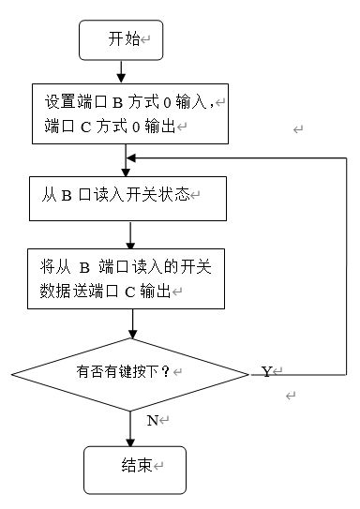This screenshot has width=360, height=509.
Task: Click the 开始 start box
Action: click(122, 38)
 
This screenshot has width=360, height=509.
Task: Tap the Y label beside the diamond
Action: click(266, 372)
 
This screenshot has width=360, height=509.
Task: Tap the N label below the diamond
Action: click(153, 420)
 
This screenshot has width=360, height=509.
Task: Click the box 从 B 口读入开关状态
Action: click(126, 196)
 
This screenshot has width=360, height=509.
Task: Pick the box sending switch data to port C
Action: click(126, 278)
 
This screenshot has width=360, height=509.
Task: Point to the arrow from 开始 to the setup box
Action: click(121, 72)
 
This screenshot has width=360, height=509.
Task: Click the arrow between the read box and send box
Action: click(130, 232)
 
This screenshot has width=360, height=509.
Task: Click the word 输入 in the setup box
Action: click(193, 100)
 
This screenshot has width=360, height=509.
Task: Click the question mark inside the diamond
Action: click(166, 372)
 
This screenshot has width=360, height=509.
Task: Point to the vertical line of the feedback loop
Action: click(346, 262)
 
